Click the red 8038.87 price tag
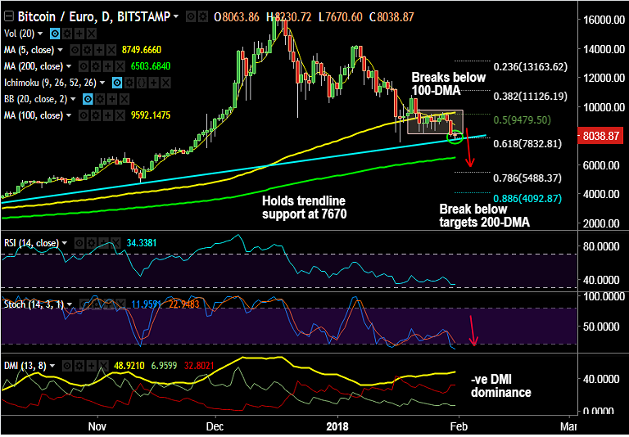click(603, 137)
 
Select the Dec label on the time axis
click(215, 426)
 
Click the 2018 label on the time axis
click(336, 426)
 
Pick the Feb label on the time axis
click(459, 426)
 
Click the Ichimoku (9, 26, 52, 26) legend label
click(57, 82)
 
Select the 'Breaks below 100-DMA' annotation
click(448, 84)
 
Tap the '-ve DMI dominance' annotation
click(501, 386)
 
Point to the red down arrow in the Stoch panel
click(473, 329)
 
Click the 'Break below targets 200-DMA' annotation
click(473, 215)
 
